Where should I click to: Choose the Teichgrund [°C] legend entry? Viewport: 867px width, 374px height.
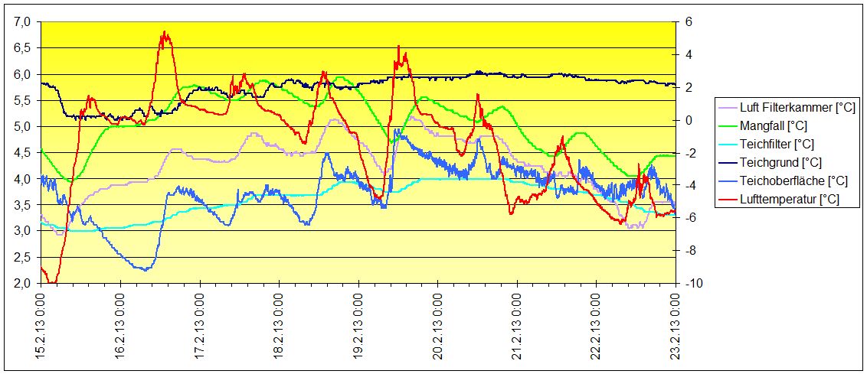[780, 162]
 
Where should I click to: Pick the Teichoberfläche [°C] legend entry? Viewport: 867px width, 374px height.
[792, 180]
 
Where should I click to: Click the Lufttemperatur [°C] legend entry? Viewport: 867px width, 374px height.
[789, 199]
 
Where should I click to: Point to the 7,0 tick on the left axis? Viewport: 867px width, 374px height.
[25, 22]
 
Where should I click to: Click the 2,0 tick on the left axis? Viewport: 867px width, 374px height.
[25, 283]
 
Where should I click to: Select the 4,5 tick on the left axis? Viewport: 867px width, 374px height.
[25, 153]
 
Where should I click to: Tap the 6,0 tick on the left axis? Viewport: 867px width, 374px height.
[25, 74]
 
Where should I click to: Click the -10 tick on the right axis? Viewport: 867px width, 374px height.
[690, 283]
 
